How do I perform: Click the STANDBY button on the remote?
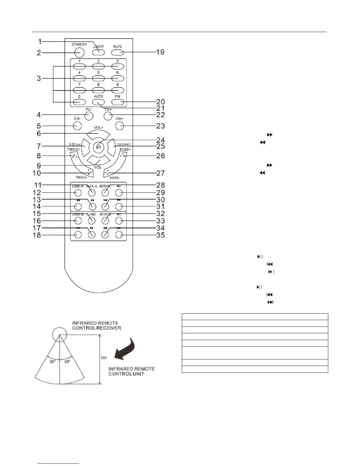(79, 53)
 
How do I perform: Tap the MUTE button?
(117, 53)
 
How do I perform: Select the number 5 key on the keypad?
(98, 78)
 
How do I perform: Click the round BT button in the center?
(99, 147)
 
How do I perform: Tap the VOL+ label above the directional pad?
(99, 128)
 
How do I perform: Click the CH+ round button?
(119, 126)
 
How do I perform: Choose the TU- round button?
(89, 116)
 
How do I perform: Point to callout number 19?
(160, 52)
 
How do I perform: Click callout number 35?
(160, 235)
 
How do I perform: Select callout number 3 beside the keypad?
(39, 79)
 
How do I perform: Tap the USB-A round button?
(78, 193)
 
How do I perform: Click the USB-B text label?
(78, 214)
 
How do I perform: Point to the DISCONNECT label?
(124, 144)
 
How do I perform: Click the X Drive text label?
(75, 144)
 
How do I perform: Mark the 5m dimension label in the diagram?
(104, 358)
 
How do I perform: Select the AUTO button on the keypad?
(98, 102)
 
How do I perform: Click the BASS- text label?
(114, 178)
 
